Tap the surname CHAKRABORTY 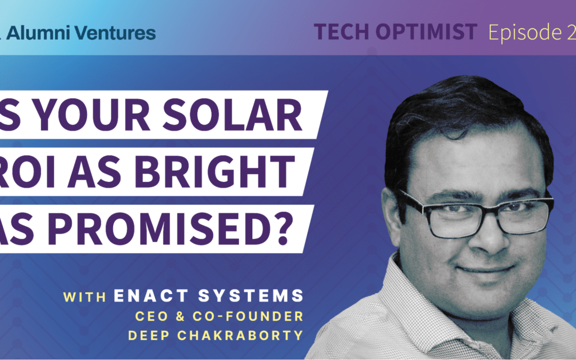pos(250,337)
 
